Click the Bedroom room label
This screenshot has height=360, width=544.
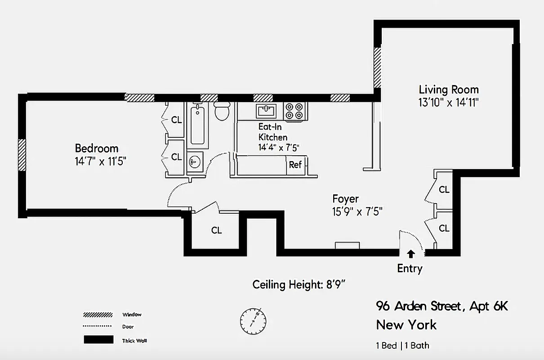[97, 148]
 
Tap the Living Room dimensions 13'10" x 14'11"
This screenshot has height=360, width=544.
[448, 102]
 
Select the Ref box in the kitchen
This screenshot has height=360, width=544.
[295, 165]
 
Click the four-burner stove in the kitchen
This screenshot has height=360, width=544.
[294, 111]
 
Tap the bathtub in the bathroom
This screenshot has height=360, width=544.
[197, 125]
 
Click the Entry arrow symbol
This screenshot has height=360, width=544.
[411, 254]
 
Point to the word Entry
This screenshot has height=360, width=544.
[410, 269]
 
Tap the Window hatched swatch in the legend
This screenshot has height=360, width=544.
[98, 315]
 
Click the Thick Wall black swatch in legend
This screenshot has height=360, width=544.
[98, 340]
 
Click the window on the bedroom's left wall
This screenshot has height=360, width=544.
[22, 154]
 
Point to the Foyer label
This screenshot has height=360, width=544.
[345, 198]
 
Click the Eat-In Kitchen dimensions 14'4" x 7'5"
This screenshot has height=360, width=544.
[279, 147]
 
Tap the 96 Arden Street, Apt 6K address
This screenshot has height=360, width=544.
[442, 306]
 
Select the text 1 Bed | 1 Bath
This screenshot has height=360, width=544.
[402, 346]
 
